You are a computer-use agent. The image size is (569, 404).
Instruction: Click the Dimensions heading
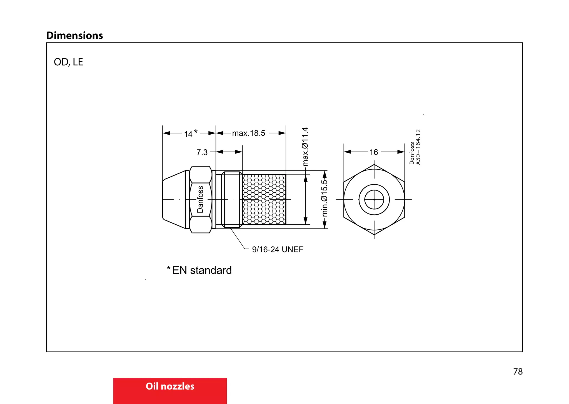tap(74, 36)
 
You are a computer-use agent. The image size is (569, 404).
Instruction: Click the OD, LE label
tap(68, 62)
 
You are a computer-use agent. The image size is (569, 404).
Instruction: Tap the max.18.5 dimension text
tap(249, 133)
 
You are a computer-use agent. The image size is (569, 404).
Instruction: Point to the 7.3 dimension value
tap(202, 152)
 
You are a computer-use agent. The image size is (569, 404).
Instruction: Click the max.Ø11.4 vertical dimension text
tap(305, 147)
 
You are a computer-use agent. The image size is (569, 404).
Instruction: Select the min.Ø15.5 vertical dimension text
tap(324, 198)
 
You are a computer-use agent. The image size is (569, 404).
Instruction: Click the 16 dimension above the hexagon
tap(374, 152)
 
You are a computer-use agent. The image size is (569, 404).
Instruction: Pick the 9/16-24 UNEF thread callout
tap(277, 249)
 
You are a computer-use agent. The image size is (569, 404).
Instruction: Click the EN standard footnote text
tap(202, 270)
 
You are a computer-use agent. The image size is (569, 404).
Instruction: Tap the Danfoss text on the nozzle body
tap(200, 199)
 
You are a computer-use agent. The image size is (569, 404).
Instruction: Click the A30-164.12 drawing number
tap(418, 147)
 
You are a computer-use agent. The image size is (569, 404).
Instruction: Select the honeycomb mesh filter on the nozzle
tap(264, 199)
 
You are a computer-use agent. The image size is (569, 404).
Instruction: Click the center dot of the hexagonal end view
tap(374, 200)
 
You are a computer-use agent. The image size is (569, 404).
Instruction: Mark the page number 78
tap(518, 371)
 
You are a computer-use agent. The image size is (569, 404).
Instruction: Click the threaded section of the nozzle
tap(232, 199)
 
